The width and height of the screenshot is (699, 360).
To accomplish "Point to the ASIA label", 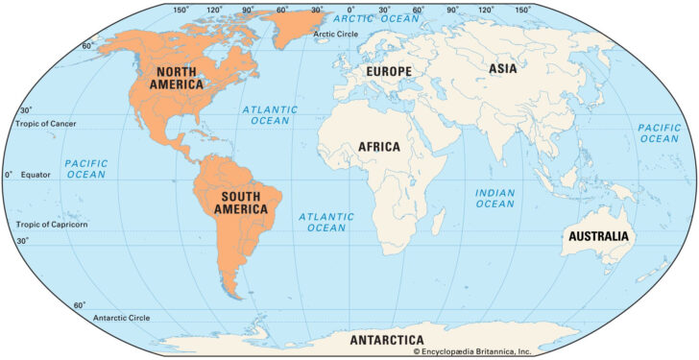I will [x=502, y=68].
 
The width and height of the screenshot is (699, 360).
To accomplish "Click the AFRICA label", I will [x=378, y=147].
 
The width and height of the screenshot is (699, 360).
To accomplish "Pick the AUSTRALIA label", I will [x=598, y=235].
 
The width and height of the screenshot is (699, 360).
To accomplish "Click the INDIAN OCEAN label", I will [x=495, y=198].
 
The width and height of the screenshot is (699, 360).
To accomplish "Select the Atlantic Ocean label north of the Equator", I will [x=270, y=114].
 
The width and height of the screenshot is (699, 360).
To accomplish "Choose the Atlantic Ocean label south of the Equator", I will [x=325, y=222].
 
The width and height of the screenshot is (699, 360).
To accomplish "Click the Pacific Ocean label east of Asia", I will [x=659, y=132].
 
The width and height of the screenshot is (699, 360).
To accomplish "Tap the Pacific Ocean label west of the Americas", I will [x=85, y=168].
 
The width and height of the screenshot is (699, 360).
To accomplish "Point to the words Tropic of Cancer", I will [x=47, y=124].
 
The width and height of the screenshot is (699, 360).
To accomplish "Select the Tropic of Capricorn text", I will [x=52, y=224].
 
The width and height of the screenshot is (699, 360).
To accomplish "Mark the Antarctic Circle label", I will [x=121, y=317].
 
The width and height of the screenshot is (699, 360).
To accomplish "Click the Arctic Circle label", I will [x=337, y=36].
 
